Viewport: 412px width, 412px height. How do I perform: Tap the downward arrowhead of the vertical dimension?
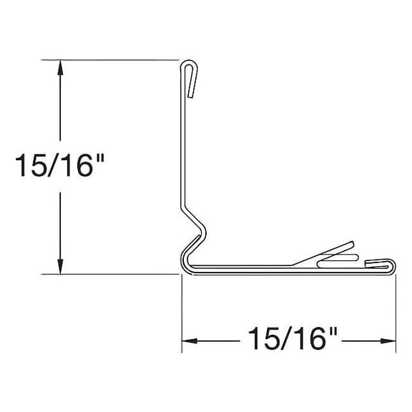[61, 266]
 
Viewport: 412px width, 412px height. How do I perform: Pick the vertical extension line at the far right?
[396, 315]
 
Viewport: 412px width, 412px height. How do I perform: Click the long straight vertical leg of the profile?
[183, 143]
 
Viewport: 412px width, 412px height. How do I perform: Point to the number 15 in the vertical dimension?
[32, 167]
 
